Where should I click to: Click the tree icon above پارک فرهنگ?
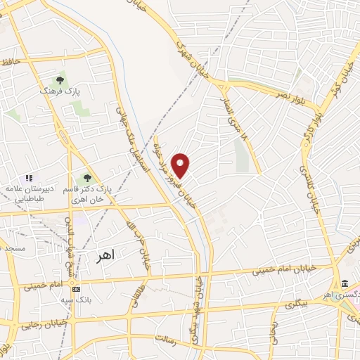(60, 78)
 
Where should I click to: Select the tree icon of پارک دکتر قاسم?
(86, 179)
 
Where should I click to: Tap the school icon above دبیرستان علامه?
(29, 179)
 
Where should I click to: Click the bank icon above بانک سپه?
(76, 289)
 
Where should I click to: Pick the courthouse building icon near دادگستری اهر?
(344, 283)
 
